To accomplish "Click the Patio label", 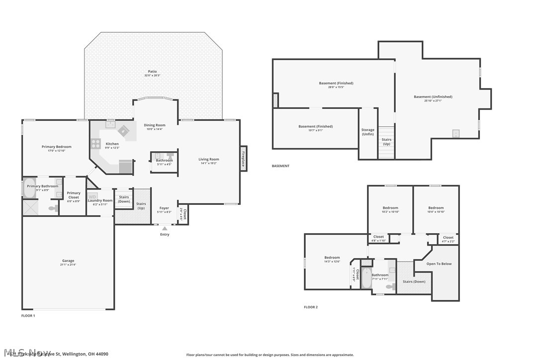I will (x=152, y=71).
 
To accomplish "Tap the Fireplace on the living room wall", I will (x=244, y=159).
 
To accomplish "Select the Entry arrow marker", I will (x=165, y=228).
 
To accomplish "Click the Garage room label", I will (x=68, y=261).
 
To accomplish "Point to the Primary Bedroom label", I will (x=56, y=147).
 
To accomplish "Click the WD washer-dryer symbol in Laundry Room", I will (x=92, y=197).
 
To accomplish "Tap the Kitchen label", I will (x=112, y=144).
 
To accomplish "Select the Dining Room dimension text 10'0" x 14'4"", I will (x=155, y=129).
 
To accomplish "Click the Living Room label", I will (x=209, y=159).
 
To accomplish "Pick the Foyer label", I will (x=164, y=208).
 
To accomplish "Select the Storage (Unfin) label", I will (x=368, y=132).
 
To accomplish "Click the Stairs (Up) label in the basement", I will (x=386, y=141).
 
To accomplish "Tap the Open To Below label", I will (x=439, y=264).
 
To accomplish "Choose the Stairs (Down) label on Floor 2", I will (x=414, y=281).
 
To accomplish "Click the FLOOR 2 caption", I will (x=311, y=307).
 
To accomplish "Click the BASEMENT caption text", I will (x=280, y=166).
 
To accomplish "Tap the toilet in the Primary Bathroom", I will (x=53, y=209).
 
